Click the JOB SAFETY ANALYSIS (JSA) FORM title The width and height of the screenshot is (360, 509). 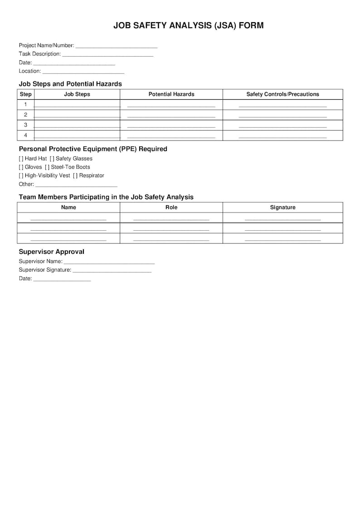point(188,26)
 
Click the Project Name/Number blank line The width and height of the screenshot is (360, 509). point(116,46)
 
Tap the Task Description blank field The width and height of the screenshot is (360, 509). point(107,54)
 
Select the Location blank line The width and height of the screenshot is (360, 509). point(83,72)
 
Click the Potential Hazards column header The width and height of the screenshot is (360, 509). point(171,94)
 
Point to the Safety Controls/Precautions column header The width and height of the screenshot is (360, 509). point(282,94)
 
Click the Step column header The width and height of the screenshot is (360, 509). point(26,94)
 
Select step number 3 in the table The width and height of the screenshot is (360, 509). point(26,125)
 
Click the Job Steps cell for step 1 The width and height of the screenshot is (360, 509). point(77,105)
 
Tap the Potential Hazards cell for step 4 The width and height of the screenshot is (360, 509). point(171,136)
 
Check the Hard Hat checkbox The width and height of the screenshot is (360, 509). point(21,159)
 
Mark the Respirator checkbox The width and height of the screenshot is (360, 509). point(75,175)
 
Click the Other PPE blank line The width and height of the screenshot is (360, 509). point(76,184)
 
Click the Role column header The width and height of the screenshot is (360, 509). point(171,208)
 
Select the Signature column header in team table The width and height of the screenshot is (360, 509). point(282,208)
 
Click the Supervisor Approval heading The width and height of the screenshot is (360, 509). point(51,252)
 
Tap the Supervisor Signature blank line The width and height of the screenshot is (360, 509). point(112,270)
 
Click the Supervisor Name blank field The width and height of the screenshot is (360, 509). point(109,262)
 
